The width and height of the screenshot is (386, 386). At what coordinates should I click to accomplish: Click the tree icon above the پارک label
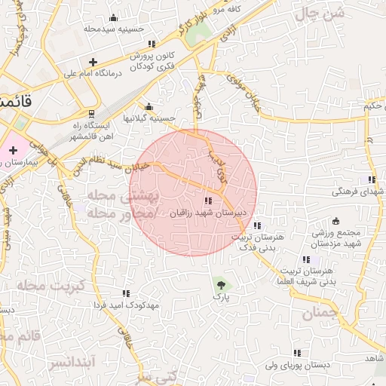tap(221, 284)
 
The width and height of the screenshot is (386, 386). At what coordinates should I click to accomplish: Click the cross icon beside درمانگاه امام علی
tap(93, 62)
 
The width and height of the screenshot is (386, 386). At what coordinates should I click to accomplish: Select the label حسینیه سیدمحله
tap(113, 29)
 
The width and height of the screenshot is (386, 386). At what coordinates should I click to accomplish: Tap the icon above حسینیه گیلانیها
tap(149, 106)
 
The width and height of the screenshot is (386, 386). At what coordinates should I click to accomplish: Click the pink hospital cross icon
tap(13, 150)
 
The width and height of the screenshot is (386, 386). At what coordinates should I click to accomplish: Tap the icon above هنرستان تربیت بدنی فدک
tap(258, 225)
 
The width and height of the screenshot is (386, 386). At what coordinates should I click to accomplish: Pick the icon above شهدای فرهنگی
tap(371, 179)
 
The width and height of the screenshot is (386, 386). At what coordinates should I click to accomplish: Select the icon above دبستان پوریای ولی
tap(297, 353)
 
